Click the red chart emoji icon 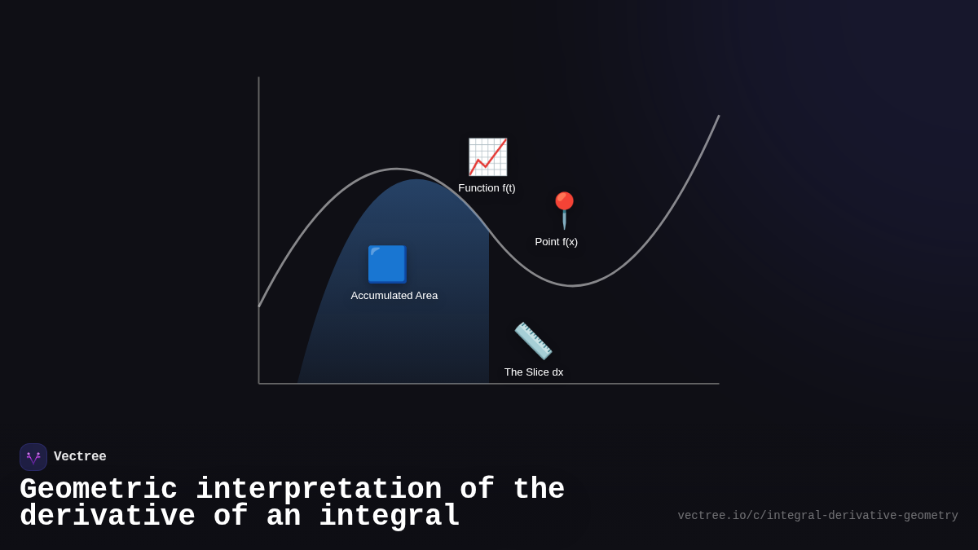point(487,157)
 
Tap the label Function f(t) point(487,188)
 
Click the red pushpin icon point(564,210)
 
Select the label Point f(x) point(556,242)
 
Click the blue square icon point(386,264)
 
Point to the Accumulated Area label point(394,296)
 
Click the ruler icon point(533,341)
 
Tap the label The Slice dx point(533,372)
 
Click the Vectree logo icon point(33,457)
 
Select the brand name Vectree point(80,457)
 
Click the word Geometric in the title point(99,490)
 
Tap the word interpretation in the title point(319,490)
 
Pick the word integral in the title point(390,517)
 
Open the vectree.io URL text point(817,516)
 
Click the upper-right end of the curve point(718,117)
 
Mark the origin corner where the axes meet point(259,383)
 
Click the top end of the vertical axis point(259,78)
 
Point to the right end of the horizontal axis point(718,383)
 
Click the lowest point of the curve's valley point(572,285)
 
